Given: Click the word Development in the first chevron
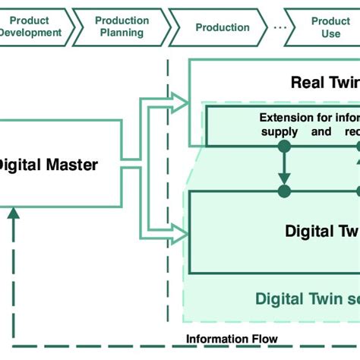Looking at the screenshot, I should [31, 33].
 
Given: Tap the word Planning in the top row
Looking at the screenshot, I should [122, 33].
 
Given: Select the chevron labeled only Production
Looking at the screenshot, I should [222, 27].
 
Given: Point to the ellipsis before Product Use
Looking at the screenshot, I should [280, 27].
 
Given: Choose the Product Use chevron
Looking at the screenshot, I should [330, 27].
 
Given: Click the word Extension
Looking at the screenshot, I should [286, 118].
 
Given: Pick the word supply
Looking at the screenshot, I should [279, 131].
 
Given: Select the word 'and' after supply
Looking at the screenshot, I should [321, 131].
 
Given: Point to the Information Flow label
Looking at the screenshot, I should [232, 339].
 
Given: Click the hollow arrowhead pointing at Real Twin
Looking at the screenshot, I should [179, 99].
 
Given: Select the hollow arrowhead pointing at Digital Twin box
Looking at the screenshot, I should [179, 235].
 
